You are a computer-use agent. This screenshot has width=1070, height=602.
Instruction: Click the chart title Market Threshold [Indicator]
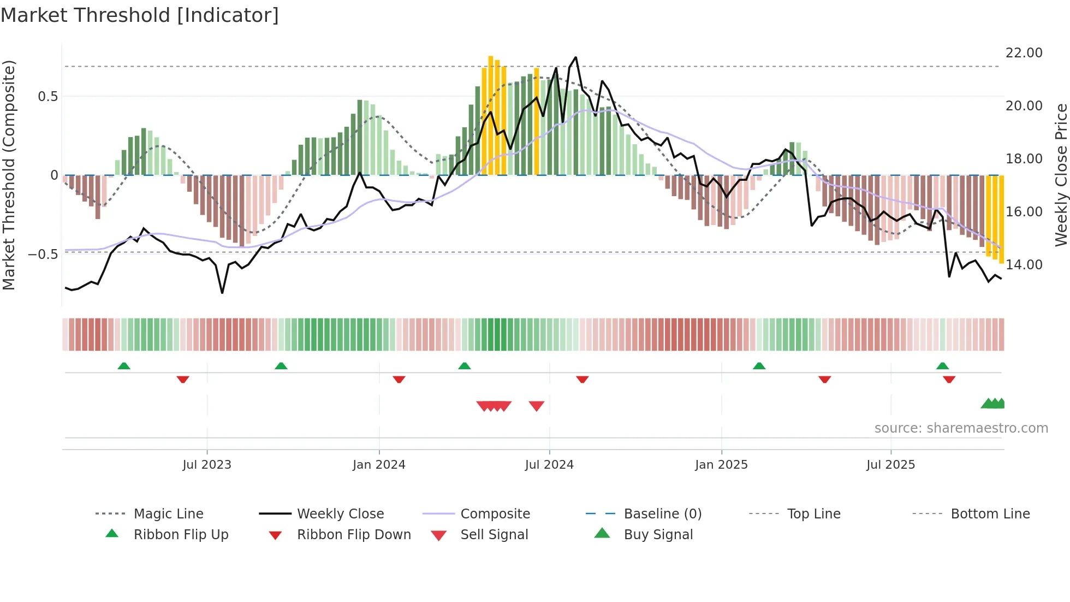140,15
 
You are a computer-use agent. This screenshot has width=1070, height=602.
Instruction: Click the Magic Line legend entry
168,514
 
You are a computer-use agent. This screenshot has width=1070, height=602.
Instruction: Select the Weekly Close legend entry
340,514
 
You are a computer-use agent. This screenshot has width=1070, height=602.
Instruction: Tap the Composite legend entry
495,514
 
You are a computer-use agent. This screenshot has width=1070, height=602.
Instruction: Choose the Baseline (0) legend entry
662,514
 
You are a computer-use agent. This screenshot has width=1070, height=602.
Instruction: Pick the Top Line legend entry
813,514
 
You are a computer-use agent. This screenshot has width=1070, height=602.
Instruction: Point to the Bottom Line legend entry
990,514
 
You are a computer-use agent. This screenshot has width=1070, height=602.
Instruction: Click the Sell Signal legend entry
494,534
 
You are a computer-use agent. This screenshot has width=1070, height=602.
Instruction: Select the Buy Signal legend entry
658,534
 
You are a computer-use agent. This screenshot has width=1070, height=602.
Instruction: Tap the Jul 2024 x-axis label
549,464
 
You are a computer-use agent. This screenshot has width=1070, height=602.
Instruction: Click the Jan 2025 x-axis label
721,464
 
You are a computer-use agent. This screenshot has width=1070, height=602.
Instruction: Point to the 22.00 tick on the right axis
1024,53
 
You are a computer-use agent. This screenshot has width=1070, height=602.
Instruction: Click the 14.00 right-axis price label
1024,264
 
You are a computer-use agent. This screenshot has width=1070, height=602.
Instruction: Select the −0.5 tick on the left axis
43,255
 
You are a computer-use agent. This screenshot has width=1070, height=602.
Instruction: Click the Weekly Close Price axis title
1061,175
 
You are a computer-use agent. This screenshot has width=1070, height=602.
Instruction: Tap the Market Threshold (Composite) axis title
9,175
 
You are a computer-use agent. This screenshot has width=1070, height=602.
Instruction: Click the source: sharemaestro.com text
961,428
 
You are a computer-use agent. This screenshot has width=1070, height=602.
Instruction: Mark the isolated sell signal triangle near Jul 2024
537,406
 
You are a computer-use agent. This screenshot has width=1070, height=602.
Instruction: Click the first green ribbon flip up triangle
124,366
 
